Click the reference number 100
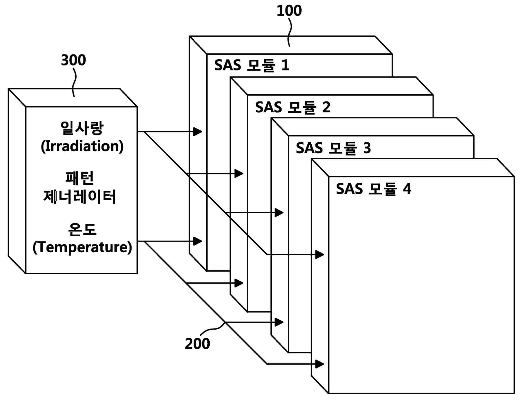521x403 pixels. click(289, 11)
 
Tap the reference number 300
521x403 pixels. click(73, 61)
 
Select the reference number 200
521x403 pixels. click(197, 344)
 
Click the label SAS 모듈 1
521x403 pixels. click(252, 65)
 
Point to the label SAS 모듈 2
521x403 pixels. click(293, 107)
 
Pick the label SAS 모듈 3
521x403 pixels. click(333, 148)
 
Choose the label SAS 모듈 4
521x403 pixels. click(373, 189)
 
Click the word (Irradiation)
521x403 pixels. click(82, 146)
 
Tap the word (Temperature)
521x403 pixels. click(82, 247)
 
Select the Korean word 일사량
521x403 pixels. click(82, 128)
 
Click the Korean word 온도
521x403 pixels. click(82, 229)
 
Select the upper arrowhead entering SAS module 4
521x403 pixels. click(320, 255)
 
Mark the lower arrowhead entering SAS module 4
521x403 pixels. click(320, 364)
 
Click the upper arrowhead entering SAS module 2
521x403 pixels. click(239, 174)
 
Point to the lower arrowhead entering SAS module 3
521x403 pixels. click(279, 322)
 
